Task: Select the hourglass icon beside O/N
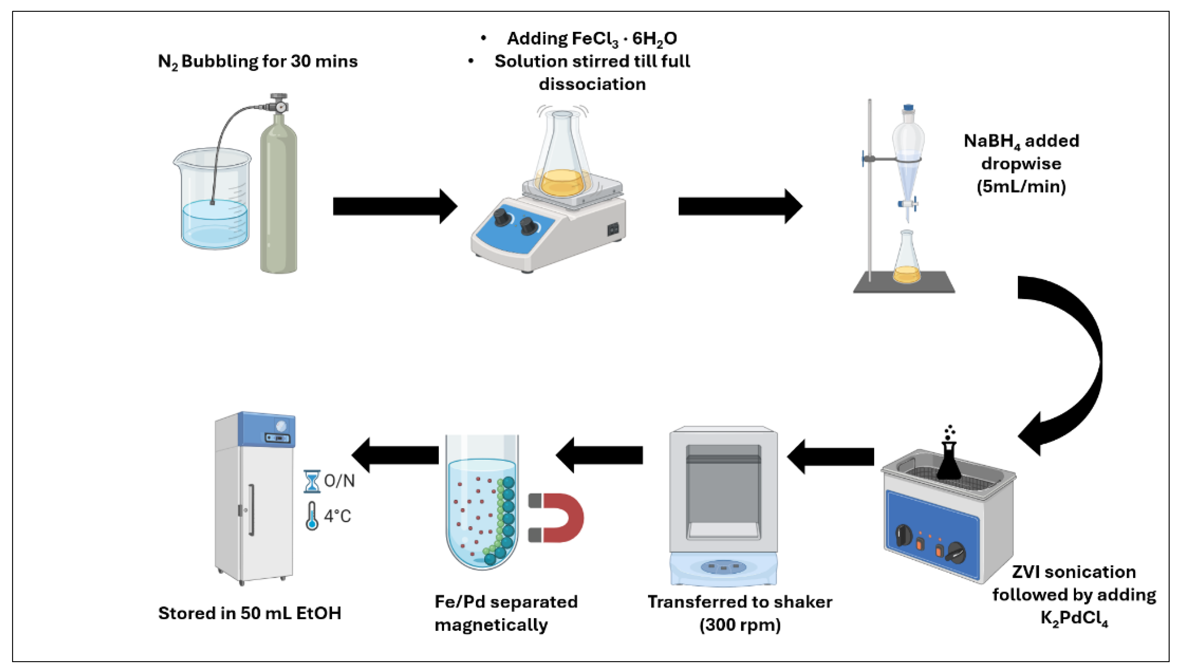pyautogui.click(x=311, y=481)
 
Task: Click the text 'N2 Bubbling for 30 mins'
pyautogui.click(x=258, y=61)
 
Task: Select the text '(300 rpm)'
pyautogui.click(x=740, y=625)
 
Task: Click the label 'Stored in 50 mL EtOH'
pyautogui.click(x=250, y=613)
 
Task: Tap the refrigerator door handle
pyautogui.click(x=252, y=510)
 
